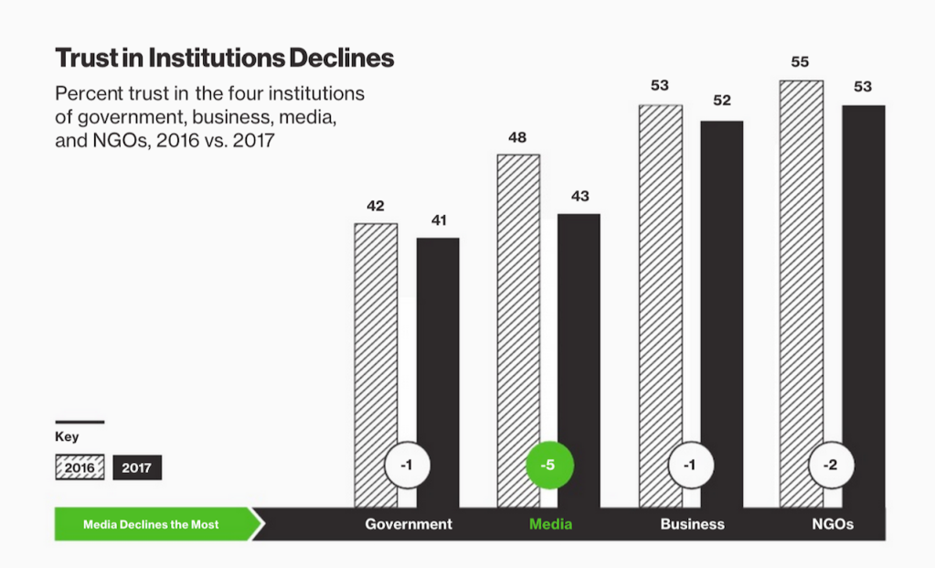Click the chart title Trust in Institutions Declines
(x=224, y=59)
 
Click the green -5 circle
(x=547, y=466)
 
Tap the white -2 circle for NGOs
(x=830, y=466)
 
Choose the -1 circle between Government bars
(x=407, y=466)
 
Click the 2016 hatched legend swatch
(x=80, y=467)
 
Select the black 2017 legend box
(x=137, y=467)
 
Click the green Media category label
(x=550, y=524)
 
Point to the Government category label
(x=409, y=524)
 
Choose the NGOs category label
(x=833, y=524)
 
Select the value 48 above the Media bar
(x=517, y=138)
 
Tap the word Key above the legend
(x=67, y=437)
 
